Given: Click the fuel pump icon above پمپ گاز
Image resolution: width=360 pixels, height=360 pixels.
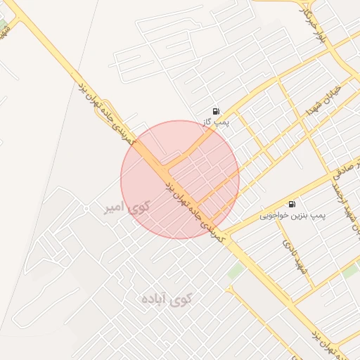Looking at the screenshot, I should point(215,111).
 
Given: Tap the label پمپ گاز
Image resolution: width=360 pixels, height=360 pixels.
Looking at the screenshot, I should point(216,123).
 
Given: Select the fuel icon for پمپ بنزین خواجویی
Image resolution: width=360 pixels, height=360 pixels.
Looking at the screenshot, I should point(292,204).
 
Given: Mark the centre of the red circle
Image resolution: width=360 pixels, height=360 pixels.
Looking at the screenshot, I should point(180,179).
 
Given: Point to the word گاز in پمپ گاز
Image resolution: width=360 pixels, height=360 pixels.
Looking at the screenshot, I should point(208,123).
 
